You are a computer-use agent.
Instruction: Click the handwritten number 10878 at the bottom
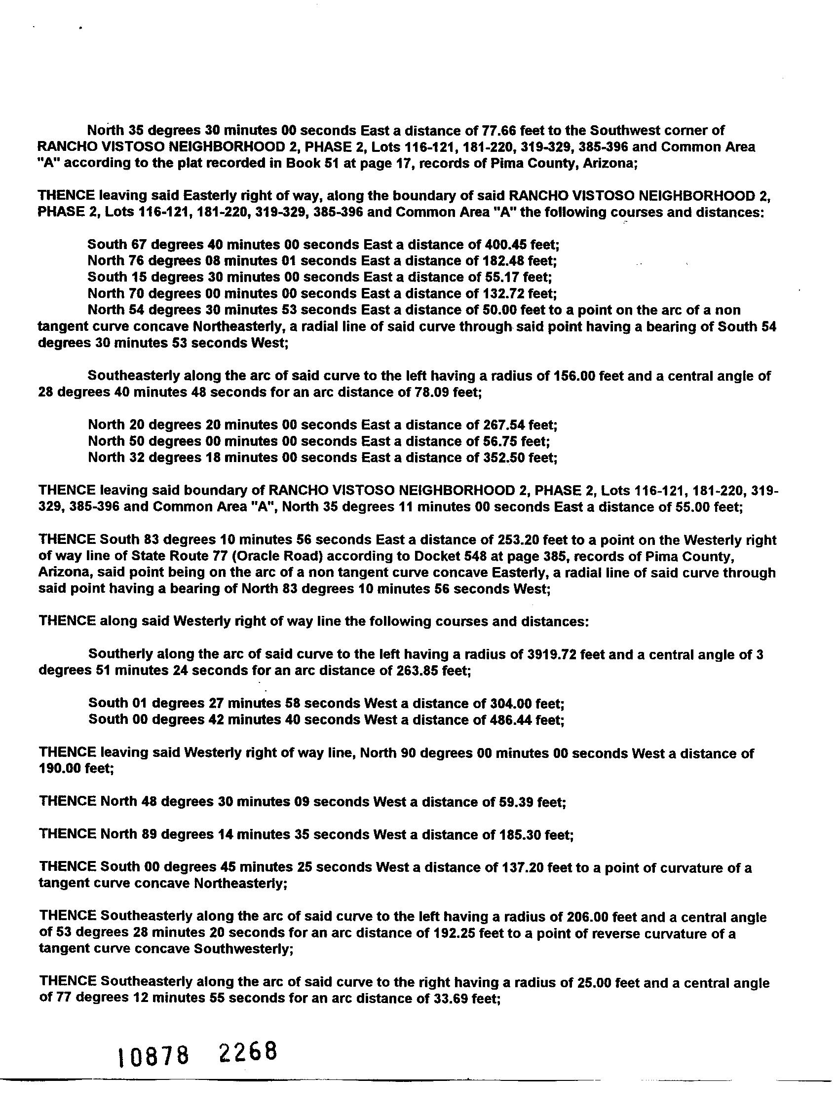pyautogui.click(x=153, y=1058)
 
